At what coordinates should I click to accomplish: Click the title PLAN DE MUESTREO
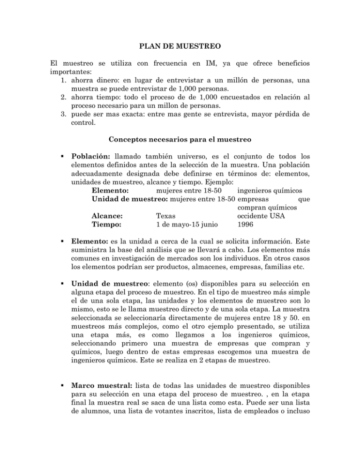[x=180, y=47]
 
